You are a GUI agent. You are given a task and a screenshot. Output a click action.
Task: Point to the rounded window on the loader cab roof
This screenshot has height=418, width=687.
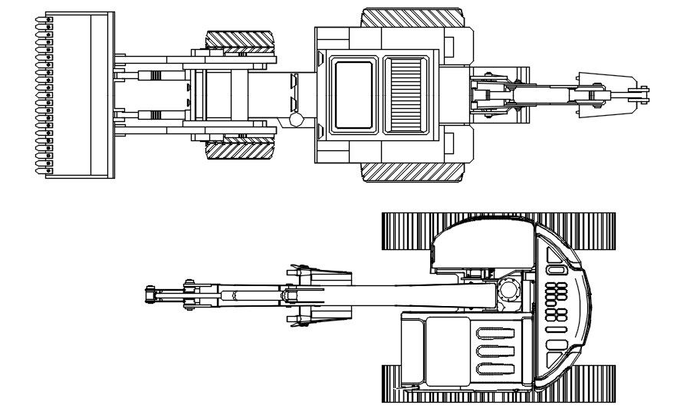(353, 94)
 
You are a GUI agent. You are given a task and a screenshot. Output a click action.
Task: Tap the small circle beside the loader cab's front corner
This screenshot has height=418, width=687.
(296, 120)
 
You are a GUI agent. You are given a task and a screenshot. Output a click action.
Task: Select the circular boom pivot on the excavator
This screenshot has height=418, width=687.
(508, 291)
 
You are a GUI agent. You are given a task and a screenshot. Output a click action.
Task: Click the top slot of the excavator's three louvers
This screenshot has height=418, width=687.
(498, 334)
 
